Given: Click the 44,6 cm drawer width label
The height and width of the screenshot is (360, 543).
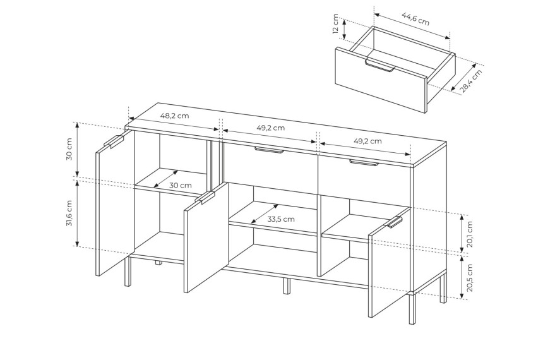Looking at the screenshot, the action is coord(415,19).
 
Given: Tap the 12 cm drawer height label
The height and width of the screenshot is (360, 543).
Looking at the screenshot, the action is coord(335,23).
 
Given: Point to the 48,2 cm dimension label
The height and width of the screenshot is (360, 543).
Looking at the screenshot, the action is coord(174,116).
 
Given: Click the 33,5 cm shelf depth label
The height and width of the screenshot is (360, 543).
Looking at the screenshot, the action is coord(281,219).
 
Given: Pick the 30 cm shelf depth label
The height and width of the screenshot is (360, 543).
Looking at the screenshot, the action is coord(180,186).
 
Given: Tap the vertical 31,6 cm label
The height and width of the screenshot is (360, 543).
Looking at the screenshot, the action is coord(69,213).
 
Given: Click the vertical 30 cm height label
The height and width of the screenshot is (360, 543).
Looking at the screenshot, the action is coord(69,149).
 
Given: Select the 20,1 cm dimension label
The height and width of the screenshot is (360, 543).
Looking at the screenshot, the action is coord(469,234).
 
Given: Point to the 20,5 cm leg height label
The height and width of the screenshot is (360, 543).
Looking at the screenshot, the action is coord(469,277).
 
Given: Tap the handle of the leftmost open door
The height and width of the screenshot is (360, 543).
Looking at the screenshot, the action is coord(114,141).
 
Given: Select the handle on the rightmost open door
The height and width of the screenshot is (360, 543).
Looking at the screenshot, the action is coord(393,222).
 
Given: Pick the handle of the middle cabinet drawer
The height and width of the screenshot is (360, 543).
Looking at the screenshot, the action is coord(269,150).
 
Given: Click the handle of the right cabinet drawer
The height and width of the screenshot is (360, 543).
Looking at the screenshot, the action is coord(364,163).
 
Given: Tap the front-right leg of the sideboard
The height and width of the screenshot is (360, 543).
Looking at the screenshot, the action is coord(412,308).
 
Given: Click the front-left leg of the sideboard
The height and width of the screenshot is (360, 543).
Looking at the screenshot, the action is coord(128,272).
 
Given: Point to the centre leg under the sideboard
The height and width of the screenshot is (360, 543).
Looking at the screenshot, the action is coord(287,285).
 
